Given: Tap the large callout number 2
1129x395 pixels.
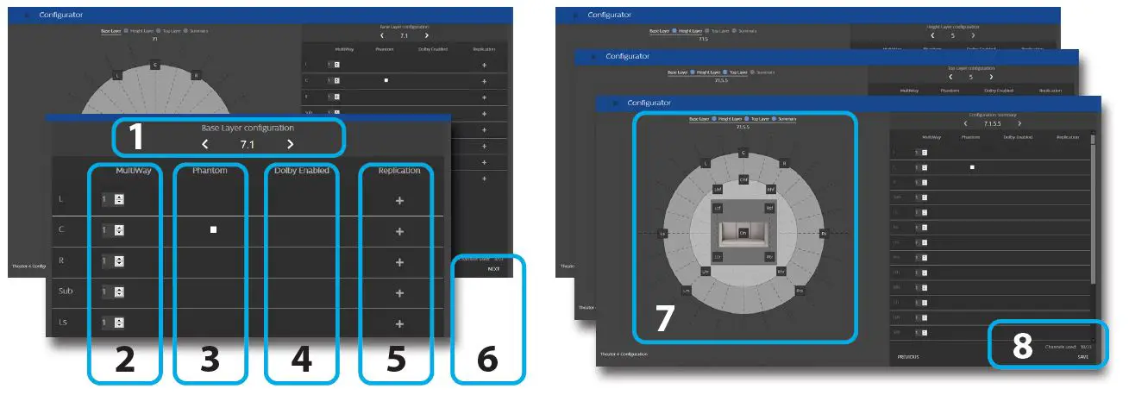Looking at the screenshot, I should [x=125, y=360].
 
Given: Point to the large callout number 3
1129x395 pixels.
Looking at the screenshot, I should [x=210, y=360].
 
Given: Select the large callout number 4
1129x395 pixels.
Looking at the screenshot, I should [x=301, y=360].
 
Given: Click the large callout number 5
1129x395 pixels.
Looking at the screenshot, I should [x=395, y=360].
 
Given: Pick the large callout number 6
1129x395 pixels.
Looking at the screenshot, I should [x=487, y=360].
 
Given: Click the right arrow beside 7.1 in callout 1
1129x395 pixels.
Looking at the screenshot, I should [x=291, y=144].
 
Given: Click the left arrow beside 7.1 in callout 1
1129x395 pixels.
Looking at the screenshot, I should [x=205, y=144].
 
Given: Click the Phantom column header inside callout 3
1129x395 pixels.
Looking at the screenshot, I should [x=210, y=171].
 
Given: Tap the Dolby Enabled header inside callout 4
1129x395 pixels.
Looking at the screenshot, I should [x=302, y=171].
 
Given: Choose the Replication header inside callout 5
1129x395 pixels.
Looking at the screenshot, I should [x=399, y=171].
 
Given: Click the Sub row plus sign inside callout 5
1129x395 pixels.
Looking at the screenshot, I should [x=399, y=292].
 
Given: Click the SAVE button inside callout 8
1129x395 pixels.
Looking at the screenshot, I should [x=1082, y=356].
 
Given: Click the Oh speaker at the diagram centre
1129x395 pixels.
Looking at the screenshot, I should [x=743, y=232].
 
